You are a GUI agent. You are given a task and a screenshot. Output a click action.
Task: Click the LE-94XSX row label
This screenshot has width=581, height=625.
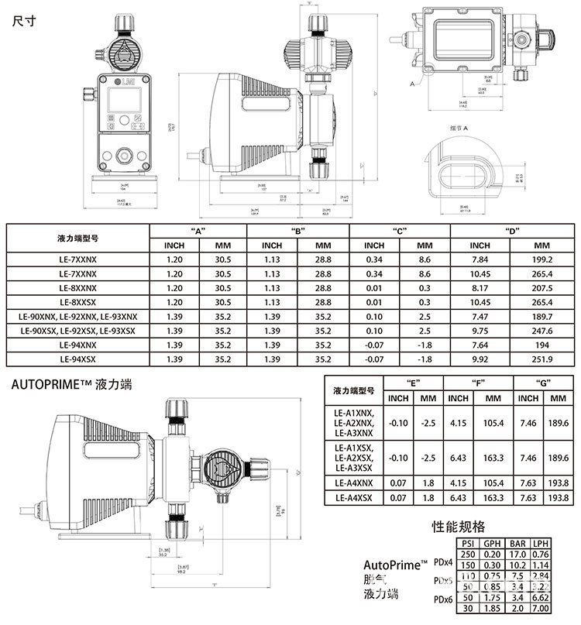(72, 359)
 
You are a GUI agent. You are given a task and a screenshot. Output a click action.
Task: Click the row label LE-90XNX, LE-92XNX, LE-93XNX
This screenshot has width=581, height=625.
(72, 318)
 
